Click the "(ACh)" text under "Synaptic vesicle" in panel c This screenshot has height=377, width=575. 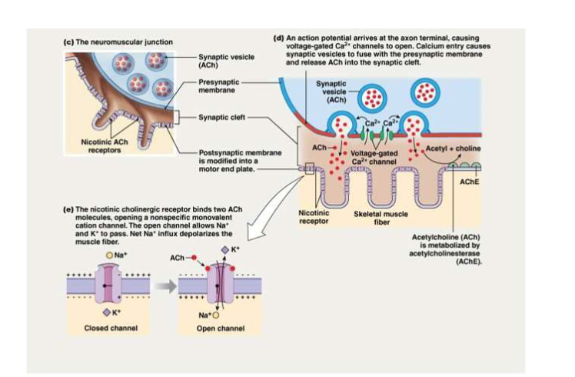[x=209, y=65]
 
